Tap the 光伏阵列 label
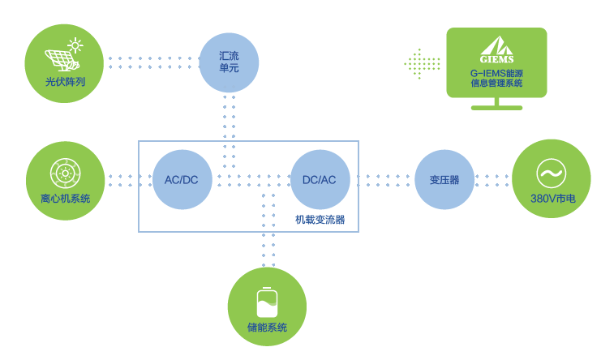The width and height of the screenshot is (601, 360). tap(65, 82)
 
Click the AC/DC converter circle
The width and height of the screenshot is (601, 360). tap(182, 179)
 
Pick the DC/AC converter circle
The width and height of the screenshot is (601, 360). tap(319, 179)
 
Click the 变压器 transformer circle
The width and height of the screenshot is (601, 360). tap(444, 179)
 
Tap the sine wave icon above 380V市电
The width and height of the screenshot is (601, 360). tap(552, 173)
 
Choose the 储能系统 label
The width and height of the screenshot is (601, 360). tap(267, 328)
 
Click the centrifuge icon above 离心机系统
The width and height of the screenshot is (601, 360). tap(65, 172)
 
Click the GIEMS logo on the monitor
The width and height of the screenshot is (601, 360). tap(496, 51)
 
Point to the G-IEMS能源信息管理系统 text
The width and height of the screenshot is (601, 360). tap(496, 79)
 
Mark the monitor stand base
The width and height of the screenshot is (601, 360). tap(497, 107)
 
